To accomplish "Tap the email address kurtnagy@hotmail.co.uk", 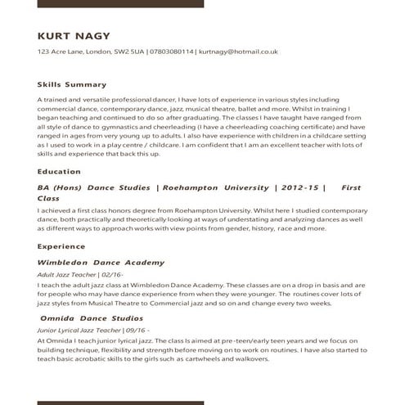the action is (x=238, y=52).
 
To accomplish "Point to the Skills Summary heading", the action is (x=72, y=84).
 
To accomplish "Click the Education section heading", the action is (x=59, y=172).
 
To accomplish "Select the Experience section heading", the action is (x=62, y=245).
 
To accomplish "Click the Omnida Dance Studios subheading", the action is (x=91, y=317).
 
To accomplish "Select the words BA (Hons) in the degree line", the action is (x=61, y=188).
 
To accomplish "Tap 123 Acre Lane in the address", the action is (x=61, y=52).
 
